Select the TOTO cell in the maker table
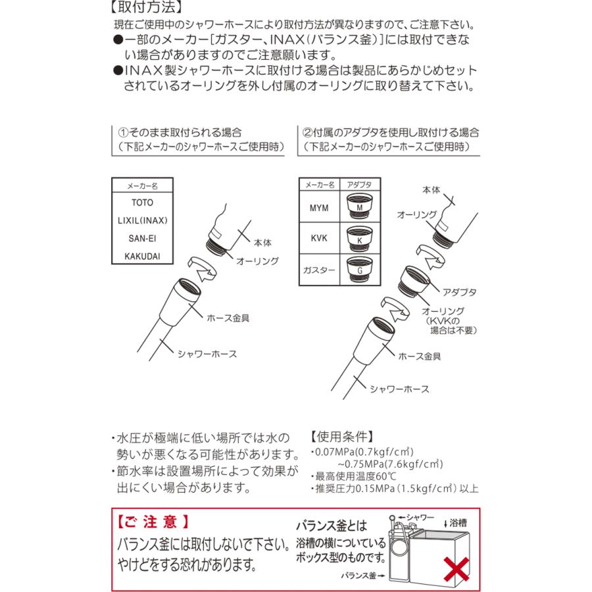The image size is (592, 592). click(143, 203)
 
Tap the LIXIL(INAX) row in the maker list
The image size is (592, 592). click(143, 220)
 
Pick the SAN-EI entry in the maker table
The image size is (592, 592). click(143, 237)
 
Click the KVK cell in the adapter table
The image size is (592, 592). click(319, 239)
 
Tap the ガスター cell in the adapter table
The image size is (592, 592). click(319, 270)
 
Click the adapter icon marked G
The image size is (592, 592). click(359, 269)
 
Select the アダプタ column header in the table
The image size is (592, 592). click(359, 185)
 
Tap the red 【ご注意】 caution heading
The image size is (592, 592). click(152, 522)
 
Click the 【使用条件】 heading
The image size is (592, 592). click(341, 436)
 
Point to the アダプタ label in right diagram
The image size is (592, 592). click(460, 291)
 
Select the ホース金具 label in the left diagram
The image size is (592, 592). click(228, 318)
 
